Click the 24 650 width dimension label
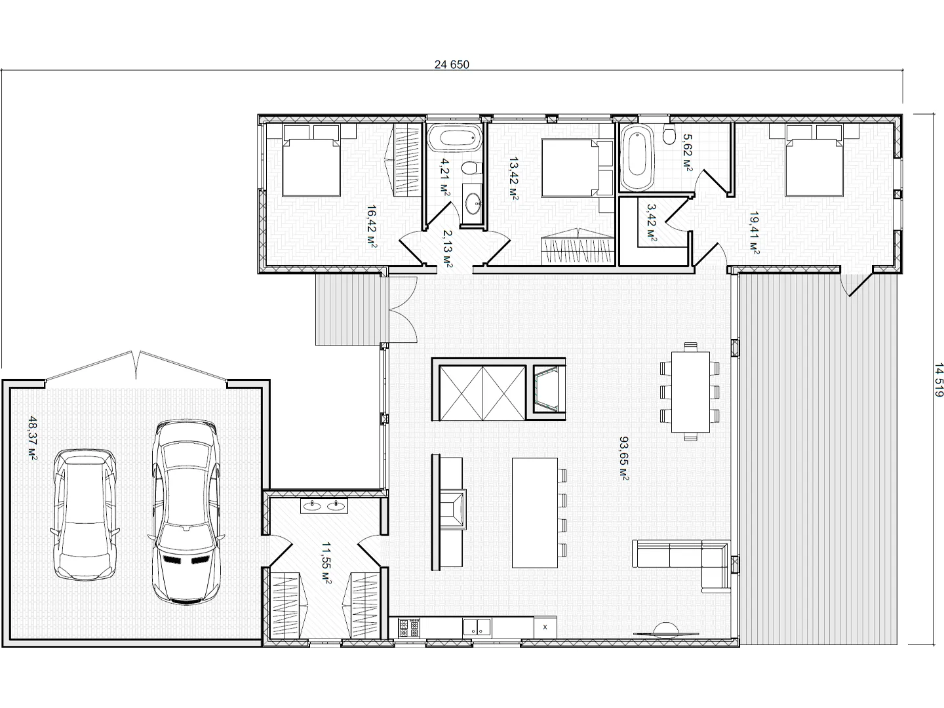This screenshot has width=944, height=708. point(452,64)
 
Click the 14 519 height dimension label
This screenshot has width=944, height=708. point(938,380)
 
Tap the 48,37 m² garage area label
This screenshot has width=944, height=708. point(33,438)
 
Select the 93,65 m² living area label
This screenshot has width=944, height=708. point(624,458)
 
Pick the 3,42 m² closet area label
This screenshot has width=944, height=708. point(652,222)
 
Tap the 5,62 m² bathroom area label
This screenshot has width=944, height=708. point(688,153)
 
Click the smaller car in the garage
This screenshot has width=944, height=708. point(85,515)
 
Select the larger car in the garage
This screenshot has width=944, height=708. point(187,512)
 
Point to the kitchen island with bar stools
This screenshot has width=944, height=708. point(539,513)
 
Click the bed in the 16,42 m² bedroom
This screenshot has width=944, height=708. point(311,161)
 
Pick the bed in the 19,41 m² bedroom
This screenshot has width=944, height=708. point(814,161)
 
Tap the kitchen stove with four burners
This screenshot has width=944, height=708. point(408,628)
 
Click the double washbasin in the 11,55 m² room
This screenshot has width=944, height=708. point(324,506)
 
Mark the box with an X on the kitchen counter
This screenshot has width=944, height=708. point(545,627)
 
